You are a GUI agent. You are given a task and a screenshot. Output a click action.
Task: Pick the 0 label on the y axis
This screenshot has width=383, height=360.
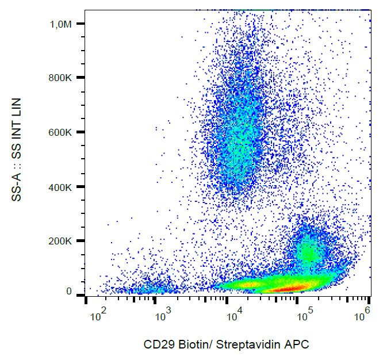68,292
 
